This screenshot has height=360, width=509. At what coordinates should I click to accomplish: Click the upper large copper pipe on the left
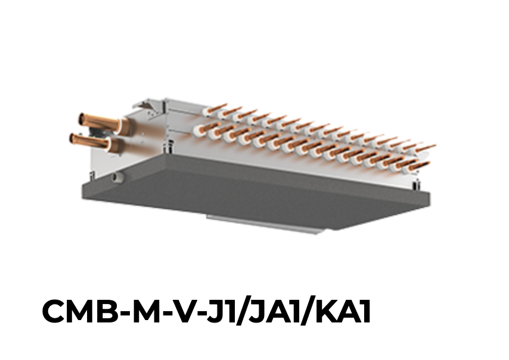click(95, 122)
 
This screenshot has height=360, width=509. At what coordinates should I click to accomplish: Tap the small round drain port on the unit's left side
click(118, 177)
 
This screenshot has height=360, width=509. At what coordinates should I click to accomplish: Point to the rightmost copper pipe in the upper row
click(424, 147)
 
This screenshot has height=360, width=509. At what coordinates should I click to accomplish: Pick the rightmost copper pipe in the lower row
click(419, 165)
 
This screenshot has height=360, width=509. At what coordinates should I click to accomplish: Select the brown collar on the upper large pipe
click(123, 126)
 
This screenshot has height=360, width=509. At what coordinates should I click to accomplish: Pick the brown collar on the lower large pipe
click(116, 145)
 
